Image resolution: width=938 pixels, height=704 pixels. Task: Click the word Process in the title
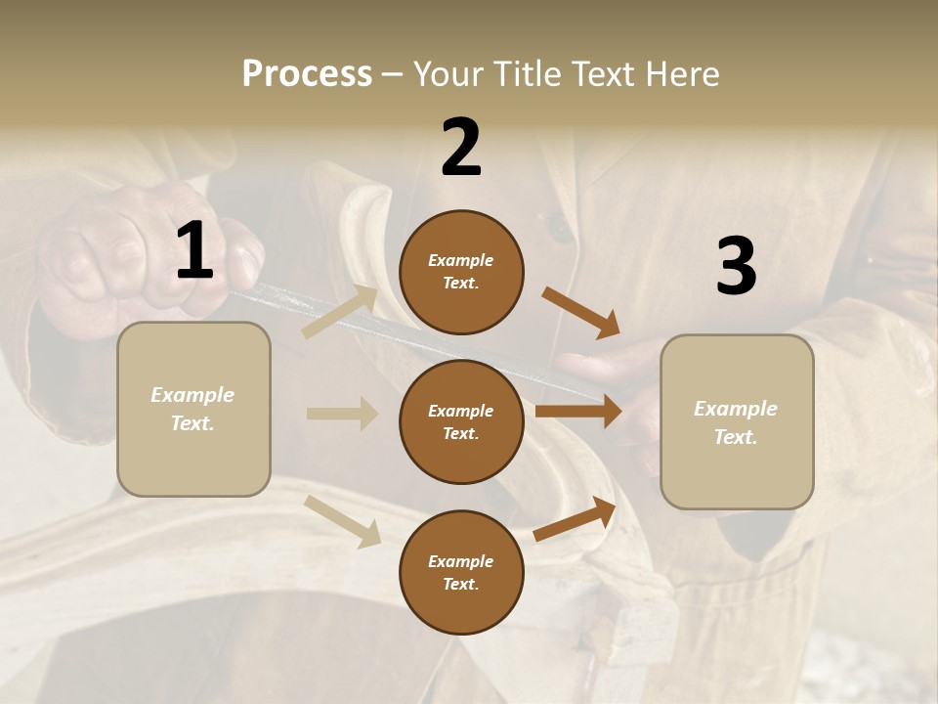pyautogui.click(x=307, y=74)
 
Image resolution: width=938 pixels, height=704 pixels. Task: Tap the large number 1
pyautogui.click(x=194, y=251)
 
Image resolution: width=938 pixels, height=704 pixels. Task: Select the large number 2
pyautogui.click(x=461, y=148)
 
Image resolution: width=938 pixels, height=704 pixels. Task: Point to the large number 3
pyautogui.click(x=736, y=267)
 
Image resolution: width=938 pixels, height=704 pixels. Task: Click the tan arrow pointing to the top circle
pyautogui.click(x=340, y=312)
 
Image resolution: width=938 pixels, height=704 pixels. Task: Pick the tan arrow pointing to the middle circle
pyautogui.click(x=342, y=414)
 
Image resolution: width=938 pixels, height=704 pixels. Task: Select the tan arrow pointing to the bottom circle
pyautogui.click(x=343, y=521)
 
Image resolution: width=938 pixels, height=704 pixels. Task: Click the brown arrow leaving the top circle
pyautogui.click(x=581, y=314)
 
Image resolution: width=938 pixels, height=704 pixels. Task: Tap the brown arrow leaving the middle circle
pyautogui.click(x=578, y=412)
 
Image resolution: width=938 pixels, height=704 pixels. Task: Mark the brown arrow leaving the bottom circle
pyautogui.click(x=575, y=519)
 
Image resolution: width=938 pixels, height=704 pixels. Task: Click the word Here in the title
pyautogui.click(x=682, y=74)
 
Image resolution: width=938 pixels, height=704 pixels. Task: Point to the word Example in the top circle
pyautogui.click(x=461, y=260)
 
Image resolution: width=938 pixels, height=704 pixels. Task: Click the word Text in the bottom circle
pyautogui.click(x=459, y=584)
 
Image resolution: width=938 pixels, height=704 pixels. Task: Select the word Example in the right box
pyautogui.click(x=736, y=409)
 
